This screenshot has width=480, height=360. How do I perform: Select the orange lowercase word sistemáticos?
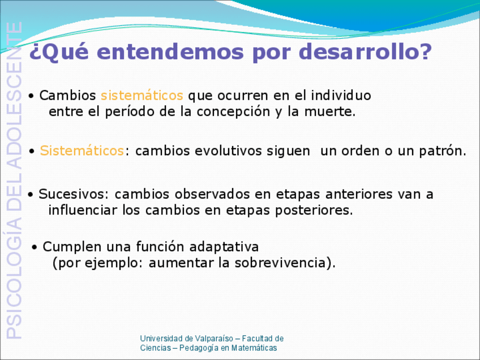(142, 95)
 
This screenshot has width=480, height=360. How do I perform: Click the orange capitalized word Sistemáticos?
(82, 151)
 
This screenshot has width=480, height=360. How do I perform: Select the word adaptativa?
(224, 247)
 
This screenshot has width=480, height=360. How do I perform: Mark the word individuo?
(341, 96)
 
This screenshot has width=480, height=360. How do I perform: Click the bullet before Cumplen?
(35, 247)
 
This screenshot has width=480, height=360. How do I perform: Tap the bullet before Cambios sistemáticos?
(31, 96)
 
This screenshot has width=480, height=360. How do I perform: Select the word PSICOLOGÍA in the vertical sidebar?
(14, 279)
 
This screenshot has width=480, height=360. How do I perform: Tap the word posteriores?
(314, 211)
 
